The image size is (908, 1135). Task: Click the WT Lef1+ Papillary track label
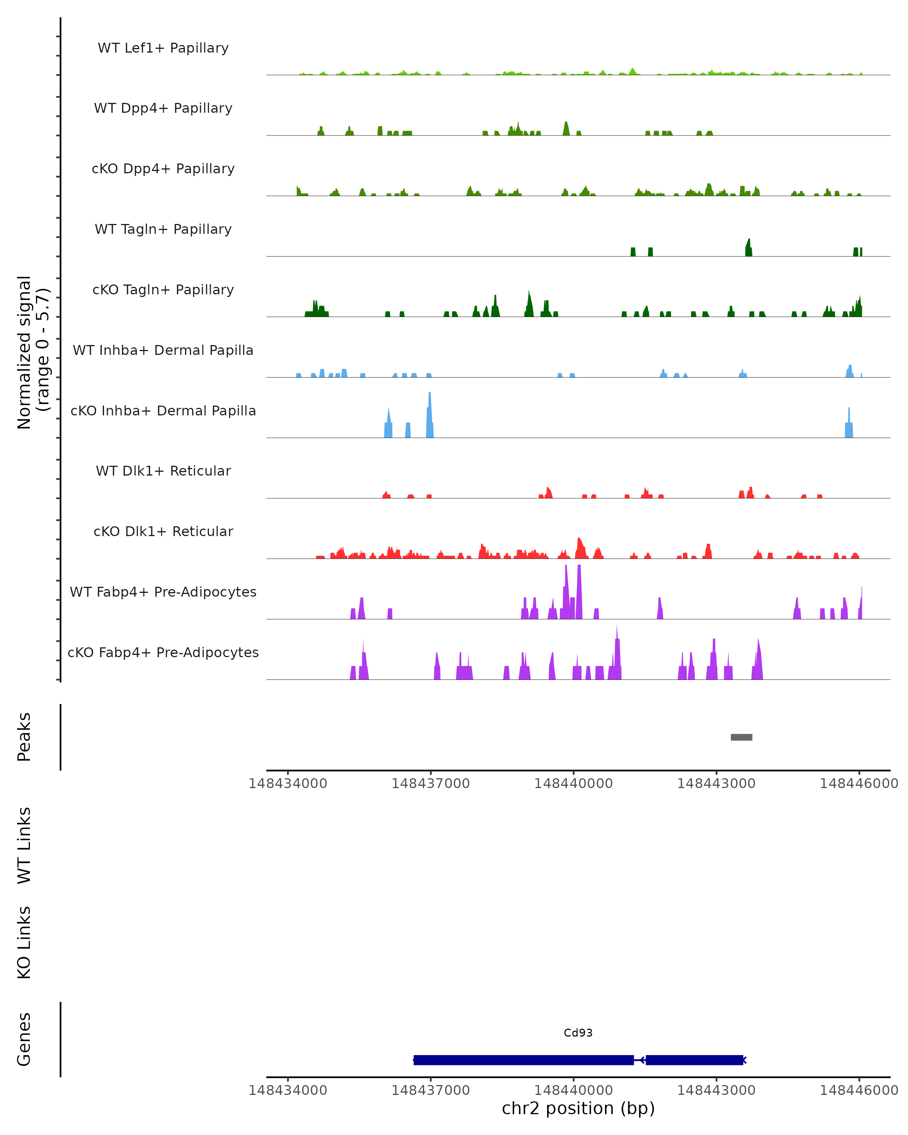(x=163, y=48)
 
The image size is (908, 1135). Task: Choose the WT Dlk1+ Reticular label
(x=163, y=471)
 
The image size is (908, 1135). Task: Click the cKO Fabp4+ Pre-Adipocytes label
(x=163, y=652)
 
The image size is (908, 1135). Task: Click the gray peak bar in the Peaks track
(x=741, y=737)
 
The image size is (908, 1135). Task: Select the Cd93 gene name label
(x=578, y=1033)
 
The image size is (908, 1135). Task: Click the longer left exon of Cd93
(x=523, y=1060)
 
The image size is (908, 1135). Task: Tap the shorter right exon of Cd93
(x=694, y=1060)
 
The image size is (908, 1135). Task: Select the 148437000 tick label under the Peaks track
(x=430, y=784)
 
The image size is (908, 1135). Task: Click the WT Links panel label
(x=24, y=846)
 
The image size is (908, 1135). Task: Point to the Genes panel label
(x=24, y=1039)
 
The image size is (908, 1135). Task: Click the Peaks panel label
(x=24, y=737)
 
